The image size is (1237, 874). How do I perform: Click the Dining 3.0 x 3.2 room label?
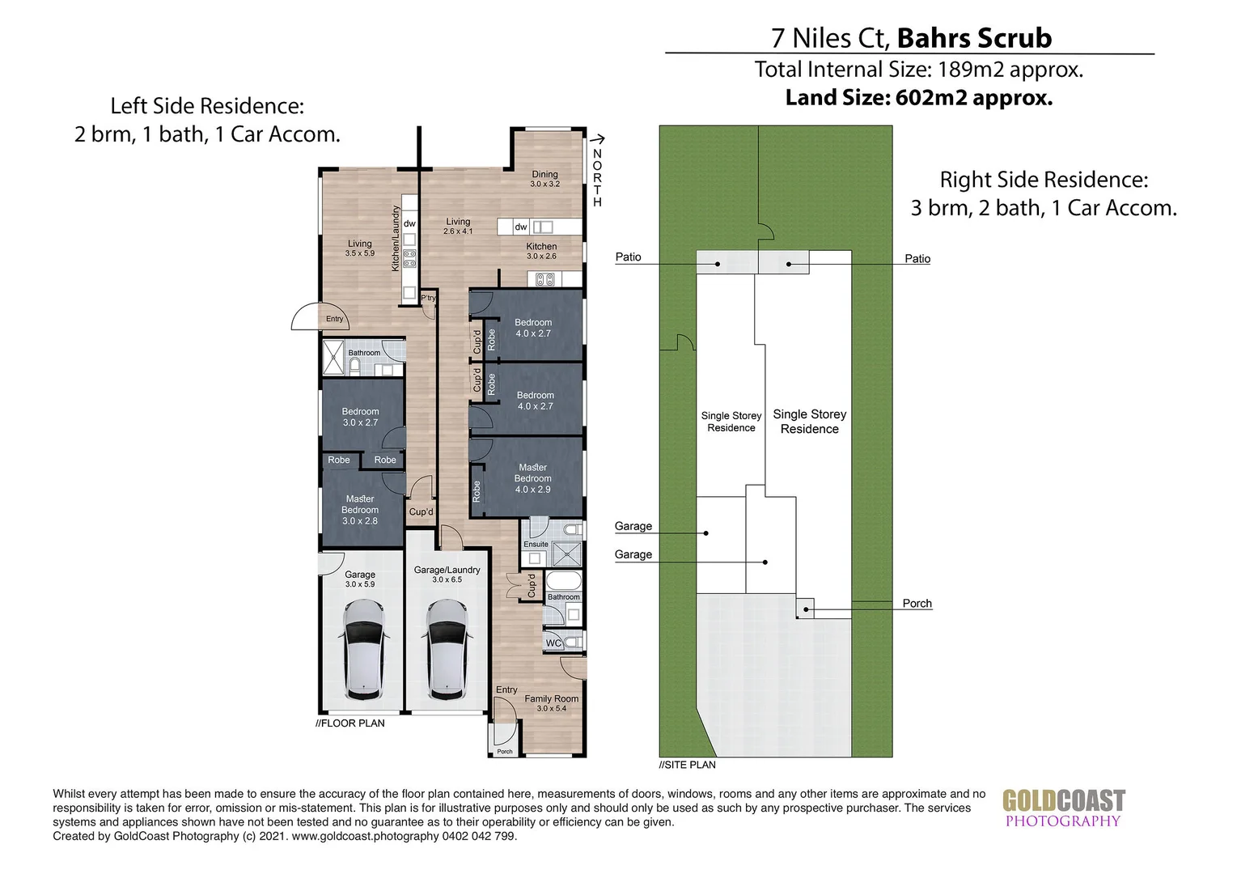point(544,179)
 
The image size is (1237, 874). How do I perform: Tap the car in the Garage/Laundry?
point(447,649)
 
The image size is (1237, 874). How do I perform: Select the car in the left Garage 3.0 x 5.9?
point(363,649)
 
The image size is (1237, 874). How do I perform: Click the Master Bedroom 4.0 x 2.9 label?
point(532,478)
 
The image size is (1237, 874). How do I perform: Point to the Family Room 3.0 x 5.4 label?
point(551,703)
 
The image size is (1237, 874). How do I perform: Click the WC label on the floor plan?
point(553,643)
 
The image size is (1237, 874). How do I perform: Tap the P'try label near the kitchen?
point(428,298)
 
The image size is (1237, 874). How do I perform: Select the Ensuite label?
point(536,545)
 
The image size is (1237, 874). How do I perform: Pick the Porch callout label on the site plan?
point(917,604)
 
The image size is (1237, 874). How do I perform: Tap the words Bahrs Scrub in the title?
point(974,38)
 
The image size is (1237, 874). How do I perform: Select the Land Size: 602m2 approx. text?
point(919,98)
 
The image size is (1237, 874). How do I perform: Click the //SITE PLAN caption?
point(687,765)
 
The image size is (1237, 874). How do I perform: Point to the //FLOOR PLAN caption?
point(349,723)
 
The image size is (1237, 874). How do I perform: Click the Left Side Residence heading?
point(207,106)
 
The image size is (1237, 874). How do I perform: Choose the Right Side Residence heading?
point(1044,180)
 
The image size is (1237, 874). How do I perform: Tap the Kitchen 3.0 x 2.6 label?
point(541,251)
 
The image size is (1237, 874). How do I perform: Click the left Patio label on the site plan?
point(628,257)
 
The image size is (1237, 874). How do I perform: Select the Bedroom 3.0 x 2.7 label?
point(360,417)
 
